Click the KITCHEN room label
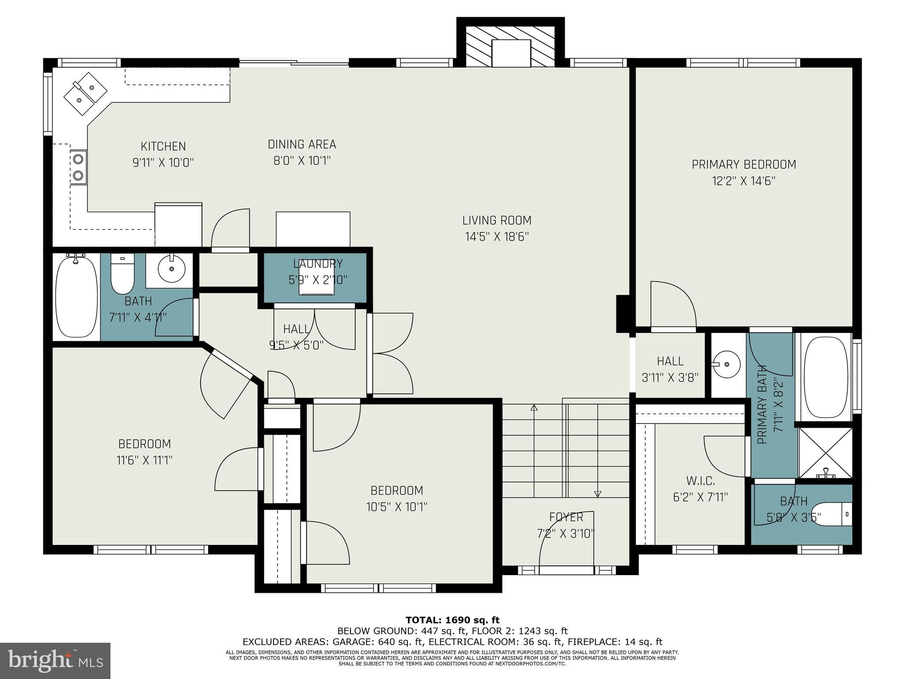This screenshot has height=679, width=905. point(163,146)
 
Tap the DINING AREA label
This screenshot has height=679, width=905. point(302,145)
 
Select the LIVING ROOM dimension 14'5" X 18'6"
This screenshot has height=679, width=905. point(497,237)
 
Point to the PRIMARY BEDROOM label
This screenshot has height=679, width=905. point(744,164)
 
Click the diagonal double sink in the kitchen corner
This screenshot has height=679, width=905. point(86,94)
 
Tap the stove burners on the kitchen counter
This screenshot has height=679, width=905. point(79,167)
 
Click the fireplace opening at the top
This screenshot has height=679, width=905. point(512,53)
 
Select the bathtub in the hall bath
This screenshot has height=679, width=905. point(76,297)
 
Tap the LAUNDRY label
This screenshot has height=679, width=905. point(318,264)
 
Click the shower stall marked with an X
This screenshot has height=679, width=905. point(825,452)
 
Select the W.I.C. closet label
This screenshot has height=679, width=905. point(700,481)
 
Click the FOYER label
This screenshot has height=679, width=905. point(566,517)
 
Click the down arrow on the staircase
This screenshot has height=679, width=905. point(598,493)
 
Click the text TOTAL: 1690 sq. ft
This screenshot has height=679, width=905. point(452,620)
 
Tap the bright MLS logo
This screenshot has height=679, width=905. point(55,660)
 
